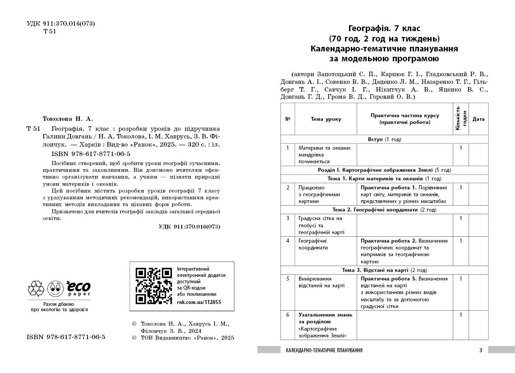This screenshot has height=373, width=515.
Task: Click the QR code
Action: pos(154,286)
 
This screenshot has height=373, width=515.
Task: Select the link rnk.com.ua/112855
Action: pos(199,302)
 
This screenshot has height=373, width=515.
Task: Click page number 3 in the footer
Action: pos(480,350)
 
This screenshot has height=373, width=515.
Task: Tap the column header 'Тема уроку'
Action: pos(326,119)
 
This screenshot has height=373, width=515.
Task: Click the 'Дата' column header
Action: pos(478,119)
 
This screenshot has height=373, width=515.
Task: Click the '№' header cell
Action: pos(288,119)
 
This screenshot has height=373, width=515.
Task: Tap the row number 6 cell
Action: pos(288,315)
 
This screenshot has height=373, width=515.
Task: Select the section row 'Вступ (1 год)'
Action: pos(384,139)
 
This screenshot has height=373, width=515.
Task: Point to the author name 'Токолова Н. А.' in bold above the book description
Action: pos(67,119)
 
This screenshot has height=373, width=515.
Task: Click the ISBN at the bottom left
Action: pos(66,337)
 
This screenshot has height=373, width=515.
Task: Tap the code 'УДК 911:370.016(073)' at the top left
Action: pos(61,23)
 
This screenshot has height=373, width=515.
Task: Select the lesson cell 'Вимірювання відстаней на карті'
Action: pos(321,282)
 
